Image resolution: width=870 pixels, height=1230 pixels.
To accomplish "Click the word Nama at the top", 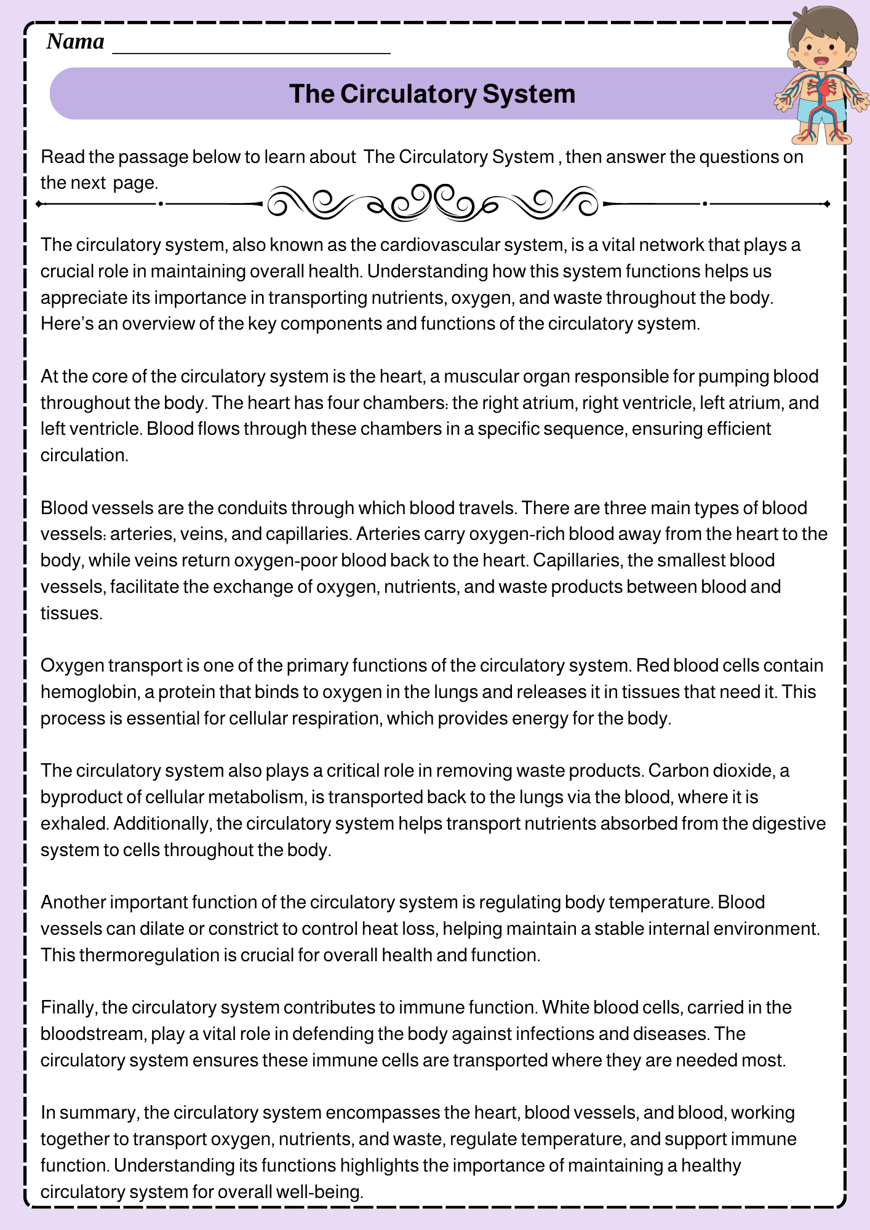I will click(75, 42).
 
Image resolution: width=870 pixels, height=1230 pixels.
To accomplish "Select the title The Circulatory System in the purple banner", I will click(432, 94).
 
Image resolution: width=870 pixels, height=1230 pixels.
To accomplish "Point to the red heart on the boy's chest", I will click(824, 89).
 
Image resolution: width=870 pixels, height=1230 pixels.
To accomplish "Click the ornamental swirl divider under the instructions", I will click(433, 202).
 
